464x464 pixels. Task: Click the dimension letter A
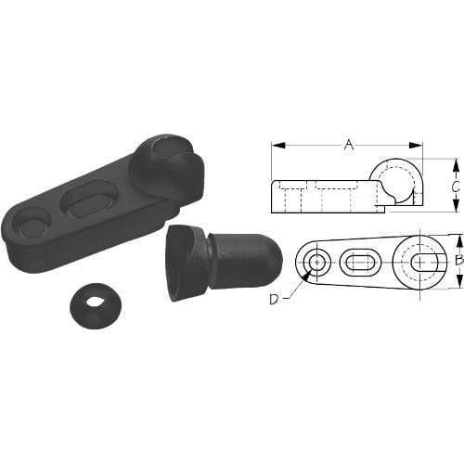(349, 144)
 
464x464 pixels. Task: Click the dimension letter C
(455, 186)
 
